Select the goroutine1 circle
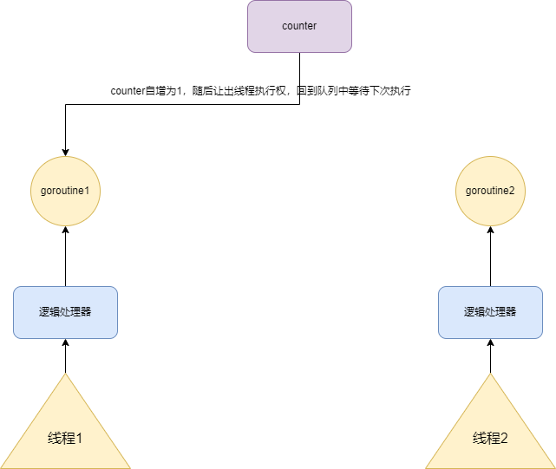tap(65, 190)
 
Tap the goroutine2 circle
tap(490, 190)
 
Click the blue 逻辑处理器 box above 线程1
tap(65, 312)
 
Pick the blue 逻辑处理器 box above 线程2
tap(490, 312)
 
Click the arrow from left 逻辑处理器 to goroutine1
tap(65, 256)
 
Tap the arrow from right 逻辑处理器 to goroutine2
tap(490, 256)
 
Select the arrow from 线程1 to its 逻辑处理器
tap(65, 356)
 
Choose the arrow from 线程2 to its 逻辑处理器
tap(490, 356)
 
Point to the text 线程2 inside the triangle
tap(490, 438)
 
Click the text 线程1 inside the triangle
tap(65, 438)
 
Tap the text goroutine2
tap(490, 190)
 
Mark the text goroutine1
tap(65, 190)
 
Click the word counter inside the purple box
tap(299, 26)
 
